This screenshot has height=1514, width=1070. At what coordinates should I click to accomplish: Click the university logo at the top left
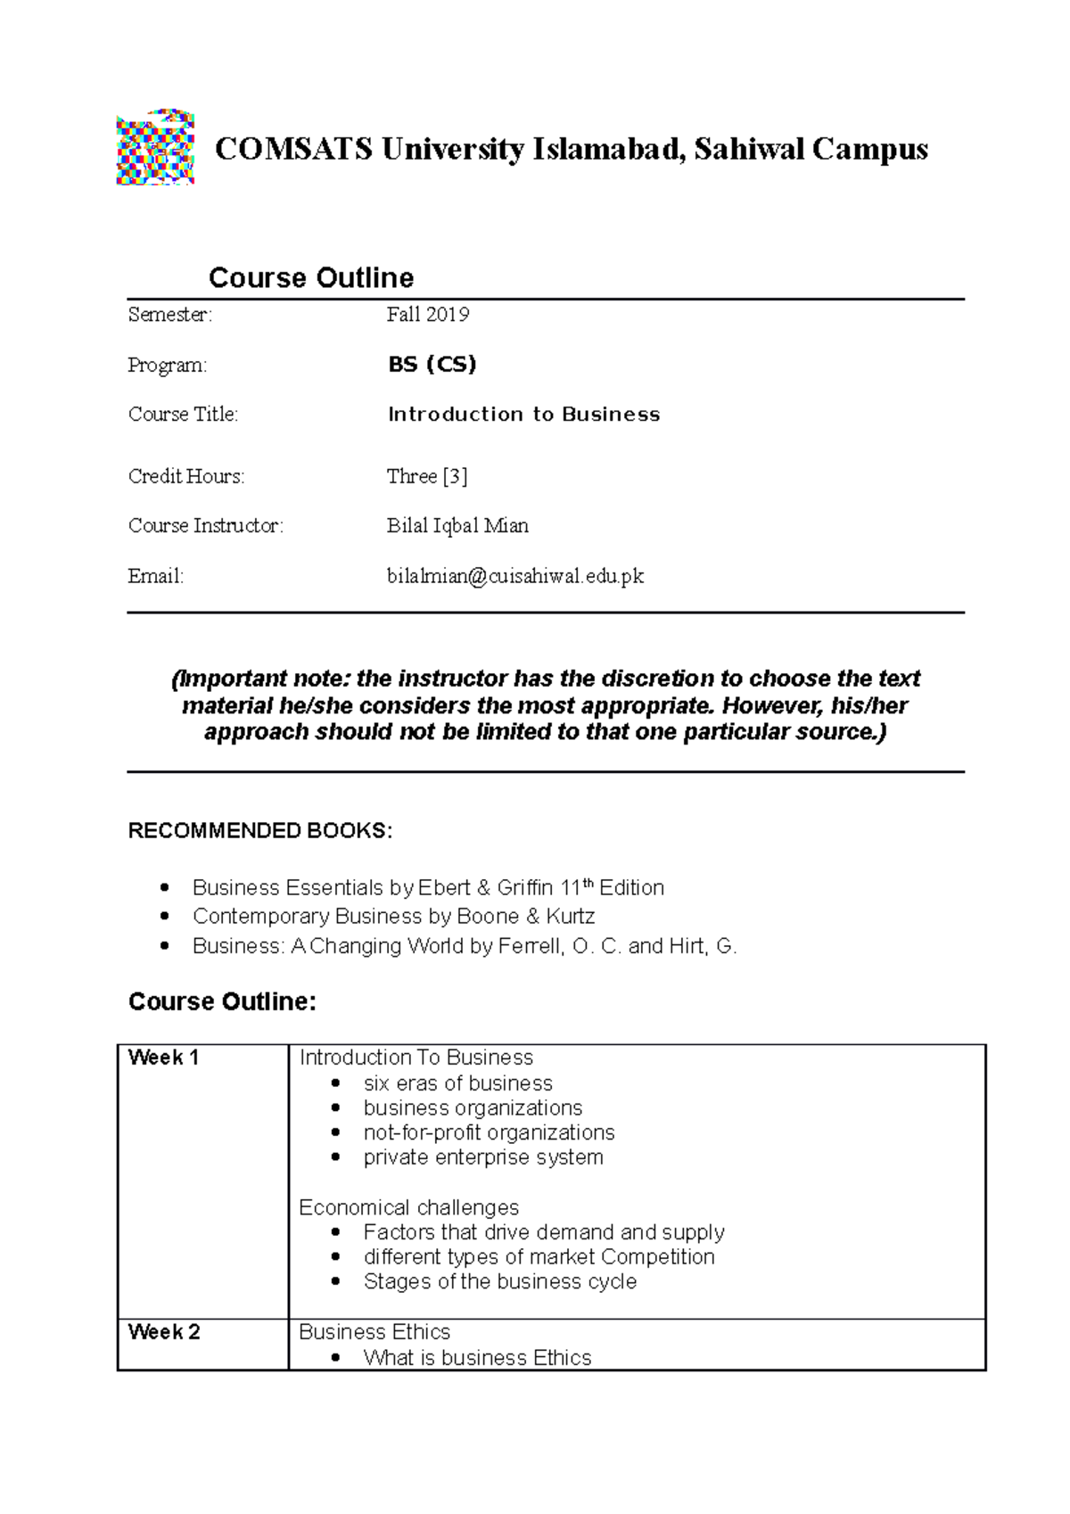tap(155, 147)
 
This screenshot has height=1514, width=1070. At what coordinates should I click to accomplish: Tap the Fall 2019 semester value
tap(428, 315)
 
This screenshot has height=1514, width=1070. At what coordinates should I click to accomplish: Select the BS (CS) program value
tap(432, 365)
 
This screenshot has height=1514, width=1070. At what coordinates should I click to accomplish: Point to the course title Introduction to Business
tap(523, 415)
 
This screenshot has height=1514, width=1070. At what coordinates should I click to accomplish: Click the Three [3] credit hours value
tap(427, 477)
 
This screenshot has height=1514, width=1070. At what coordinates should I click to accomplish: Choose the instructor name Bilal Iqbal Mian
tap(457, 526)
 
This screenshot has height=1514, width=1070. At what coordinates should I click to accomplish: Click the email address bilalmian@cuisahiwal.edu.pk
tap(514, 577)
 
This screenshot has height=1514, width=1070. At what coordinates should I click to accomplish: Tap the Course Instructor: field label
tap(206, 526)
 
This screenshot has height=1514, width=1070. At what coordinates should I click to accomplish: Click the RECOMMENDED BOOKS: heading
tap(260, 832)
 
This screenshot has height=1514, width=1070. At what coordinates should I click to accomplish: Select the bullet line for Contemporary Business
tap(393, 917)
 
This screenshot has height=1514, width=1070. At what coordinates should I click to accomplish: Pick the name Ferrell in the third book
tap(530, 946)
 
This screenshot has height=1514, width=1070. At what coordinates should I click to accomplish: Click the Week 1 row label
tap(163, 1058)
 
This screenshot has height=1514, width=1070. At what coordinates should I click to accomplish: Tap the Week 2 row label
tap(164, 1332)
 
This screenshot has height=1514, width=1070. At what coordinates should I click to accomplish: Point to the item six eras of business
tap(457, 1083)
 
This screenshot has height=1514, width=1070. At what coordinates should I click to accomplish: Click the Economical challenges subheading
tap(409, 1208)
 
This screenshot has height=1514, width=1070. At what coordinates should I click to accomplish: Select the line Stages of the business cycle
tap(499, 1282)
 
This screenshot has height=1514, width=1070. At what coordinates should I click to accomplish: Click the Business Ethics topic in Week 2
tap(374, 1332)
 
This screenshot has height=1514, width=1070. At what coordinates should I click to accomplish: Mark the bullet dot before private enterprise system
tap(335, 1158)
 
